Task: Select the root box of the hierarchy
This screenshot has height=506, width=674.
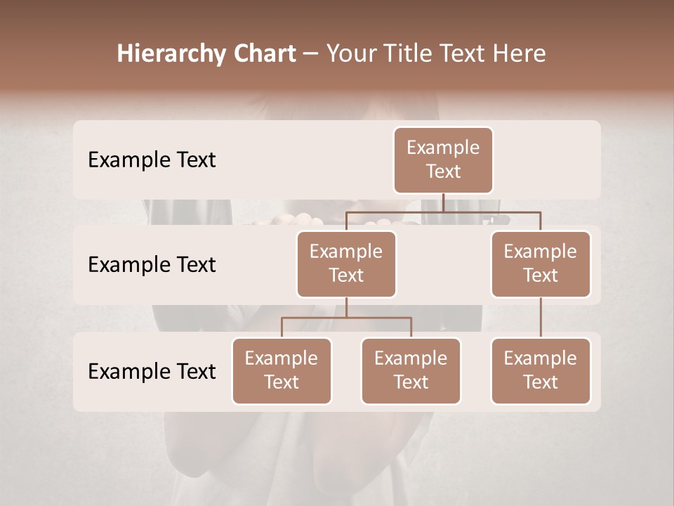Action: (443, 160)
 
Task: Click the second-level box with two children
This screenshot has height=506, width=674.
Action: (346, 264)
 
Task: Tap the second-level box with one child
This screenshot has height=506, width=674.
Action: (541, 264)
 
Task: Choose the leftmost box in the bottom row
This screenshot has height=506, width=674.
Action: (282, 370)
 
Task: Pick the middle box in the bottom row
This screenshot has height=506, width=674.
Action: (411, 370)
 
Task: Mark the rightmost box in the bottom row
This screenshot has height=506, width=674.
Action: (541, 370)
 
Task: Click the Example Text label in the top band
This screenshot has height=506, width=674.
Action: (152, 160)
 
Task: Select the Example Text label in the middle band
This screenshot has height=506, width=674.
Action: (152, 265)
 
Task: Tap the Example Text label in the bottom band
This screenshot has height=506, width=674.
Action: (152, 372)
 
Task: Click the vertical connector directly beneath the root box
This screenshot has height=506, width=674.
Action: (443, 202)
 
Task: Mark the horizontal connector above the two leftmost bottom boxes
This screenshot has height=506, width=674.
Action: (346, 318)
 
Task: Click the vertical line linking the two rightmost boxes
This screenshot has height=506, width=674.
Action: (541, 318)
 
